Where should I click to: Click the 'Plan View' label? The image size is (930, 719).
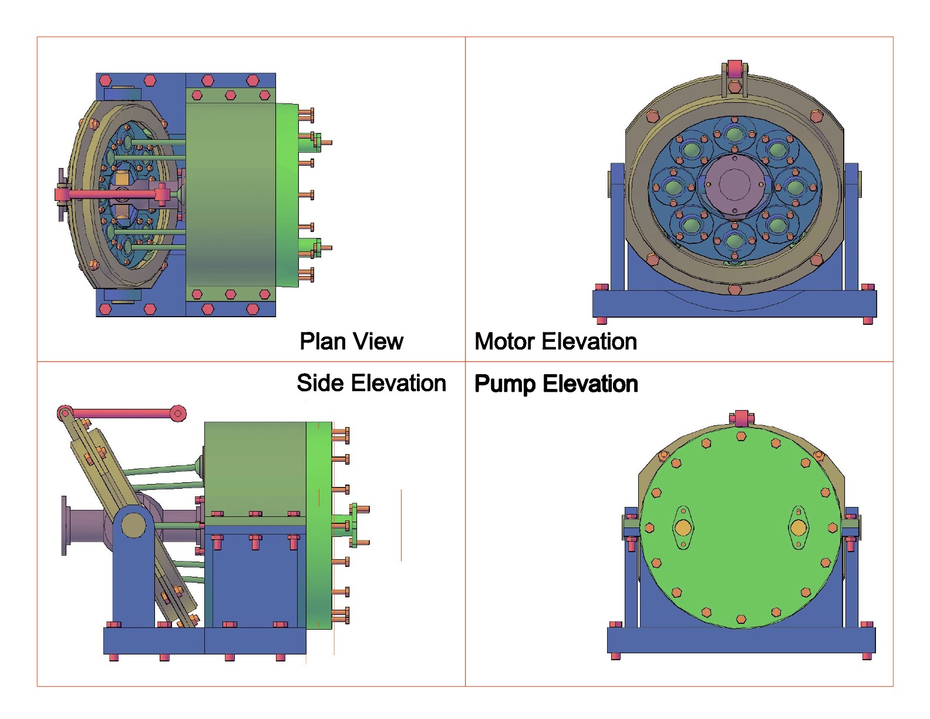[x=351, y=341]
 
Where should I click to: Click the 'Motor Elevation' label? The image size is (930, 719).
[x=555, y=341]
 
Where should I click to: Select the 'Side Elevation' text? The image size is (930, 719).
[x=371, y=383]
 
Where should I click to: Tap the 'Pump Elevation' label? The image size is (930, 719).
[x=555, y=384]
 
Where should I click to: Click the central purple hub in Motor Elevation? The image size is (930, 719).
[x=734, y=185]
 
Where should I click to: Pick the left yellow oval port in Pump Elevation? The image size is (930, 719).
[x=683, y=528]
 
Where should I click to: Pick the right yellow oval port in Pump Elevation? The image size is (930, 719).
[x=798, y=528]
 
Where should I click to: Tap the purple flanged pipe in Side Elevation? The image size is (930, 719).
[x=85, y=525]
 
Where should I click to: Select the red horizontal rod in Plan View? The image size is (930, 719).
[x=112, y=194]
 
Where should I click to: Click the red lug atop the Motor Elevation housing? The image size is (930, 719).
[x=734, y=66]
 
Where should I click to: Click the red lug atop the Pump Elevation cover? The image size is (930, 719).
[x=742, y=418]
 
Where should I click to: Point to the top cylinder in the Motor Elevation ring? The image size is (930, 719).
[x=734, y=135]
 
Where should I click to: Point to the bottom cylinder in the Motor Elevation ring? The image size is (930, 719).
[x=734, y=240]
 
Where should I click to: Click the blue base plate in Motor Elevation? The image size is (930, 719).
[x=734, y=304]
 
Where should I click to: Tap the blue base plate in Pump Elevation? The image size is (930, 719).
[x=741, y=640]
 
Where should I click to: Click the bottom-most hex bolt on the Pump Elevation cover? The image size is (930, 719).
[x=741, y=619]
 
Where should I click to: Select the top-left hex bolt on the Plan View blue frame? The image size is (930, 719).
[x=106, y=80]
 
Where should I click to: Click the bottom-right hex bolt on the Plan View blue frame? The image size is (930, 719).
[x=253, y=309]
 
